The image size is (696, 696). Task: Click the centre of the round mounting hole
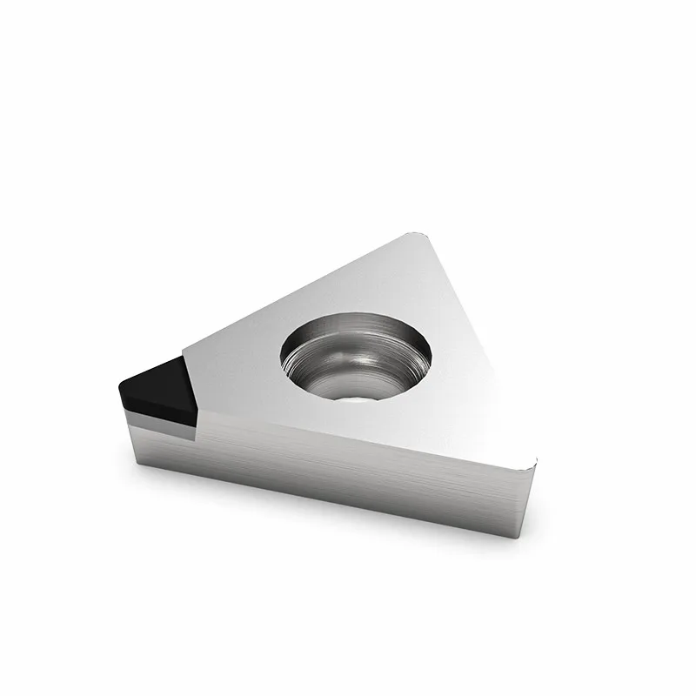coord(356,356)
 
